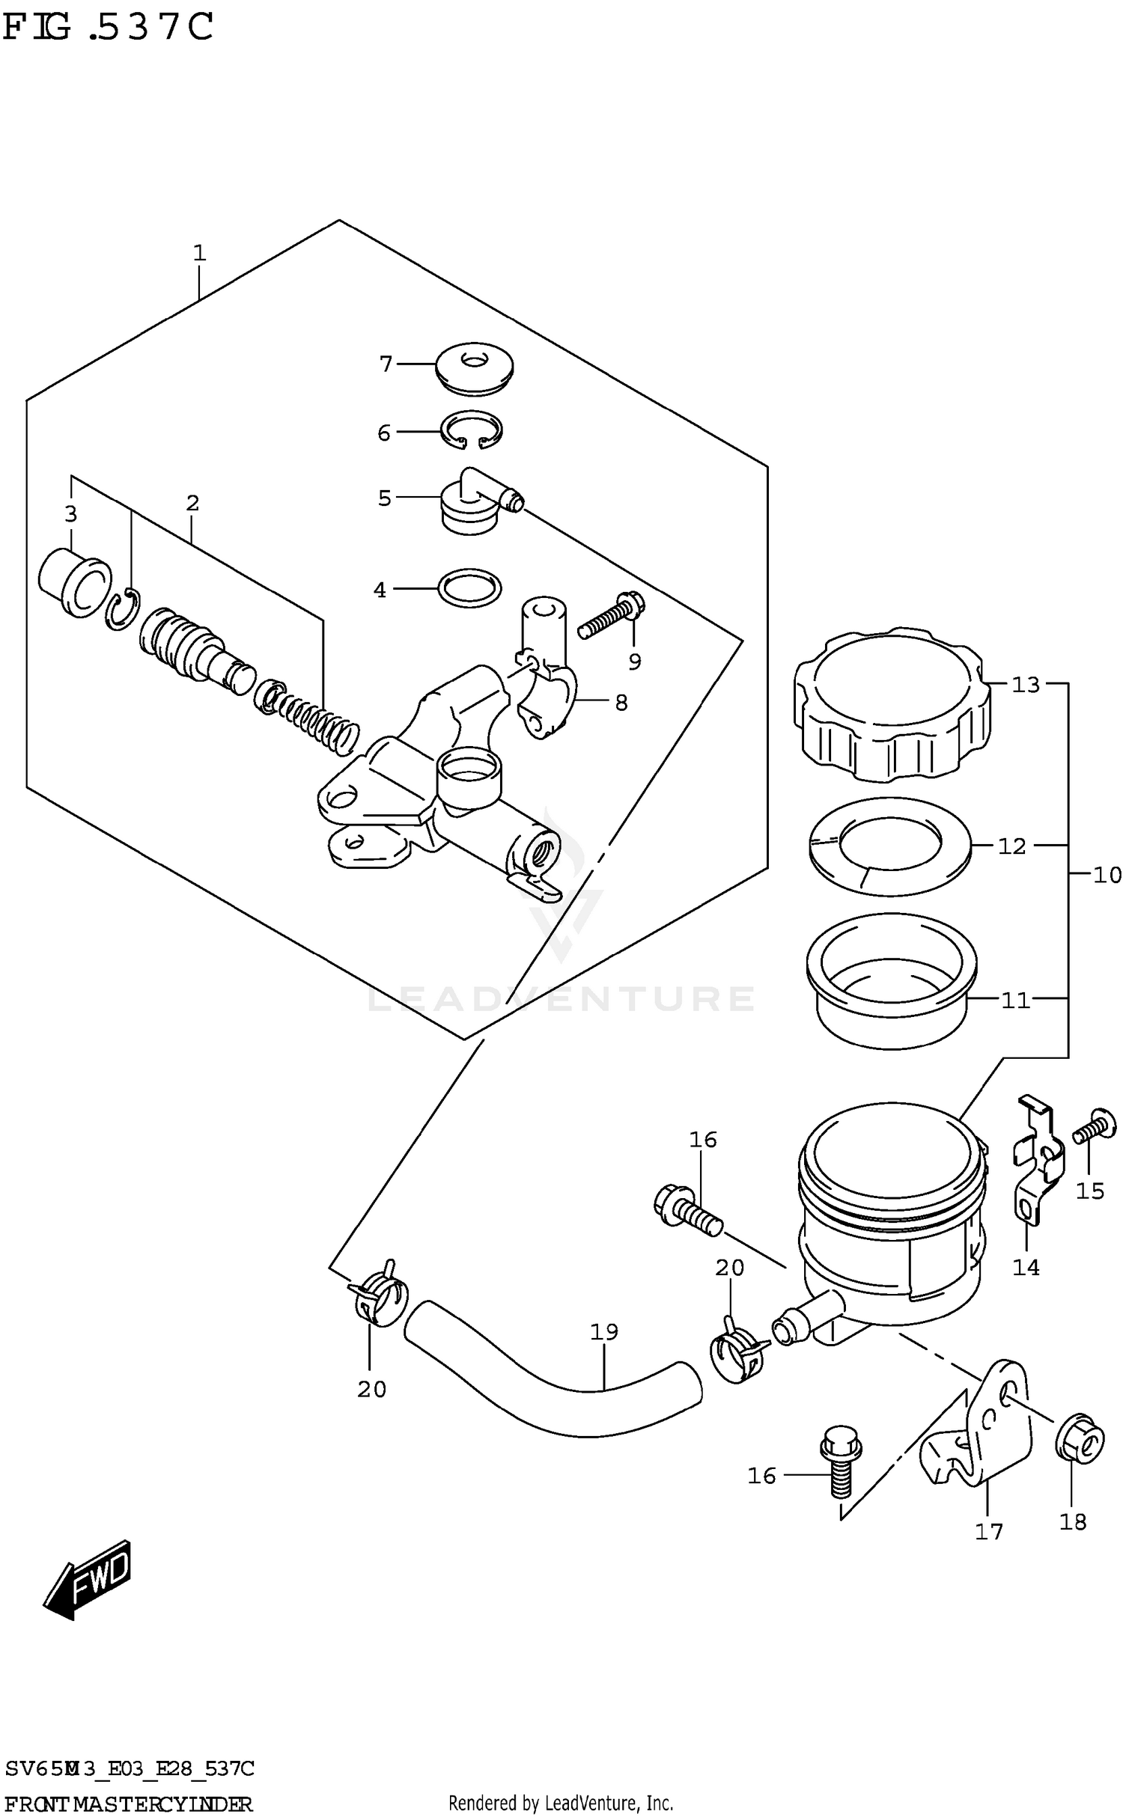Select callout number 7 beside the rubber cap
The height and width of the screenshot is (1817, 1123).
(x=386, y=364)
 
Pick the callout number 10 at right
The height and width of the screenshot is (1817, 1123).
(x=1107, y=874)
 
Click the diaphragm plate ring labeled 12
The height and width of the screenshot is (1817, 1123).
(x=889, y=846)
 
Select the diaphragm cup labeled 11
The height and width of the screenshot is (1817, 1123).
(x=891, y=980)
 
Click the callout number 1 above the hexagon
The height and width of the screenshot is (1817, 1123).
(x=199, y=253)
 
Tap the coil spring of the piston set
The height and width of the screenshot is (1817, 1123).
(x=314, y=721)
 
